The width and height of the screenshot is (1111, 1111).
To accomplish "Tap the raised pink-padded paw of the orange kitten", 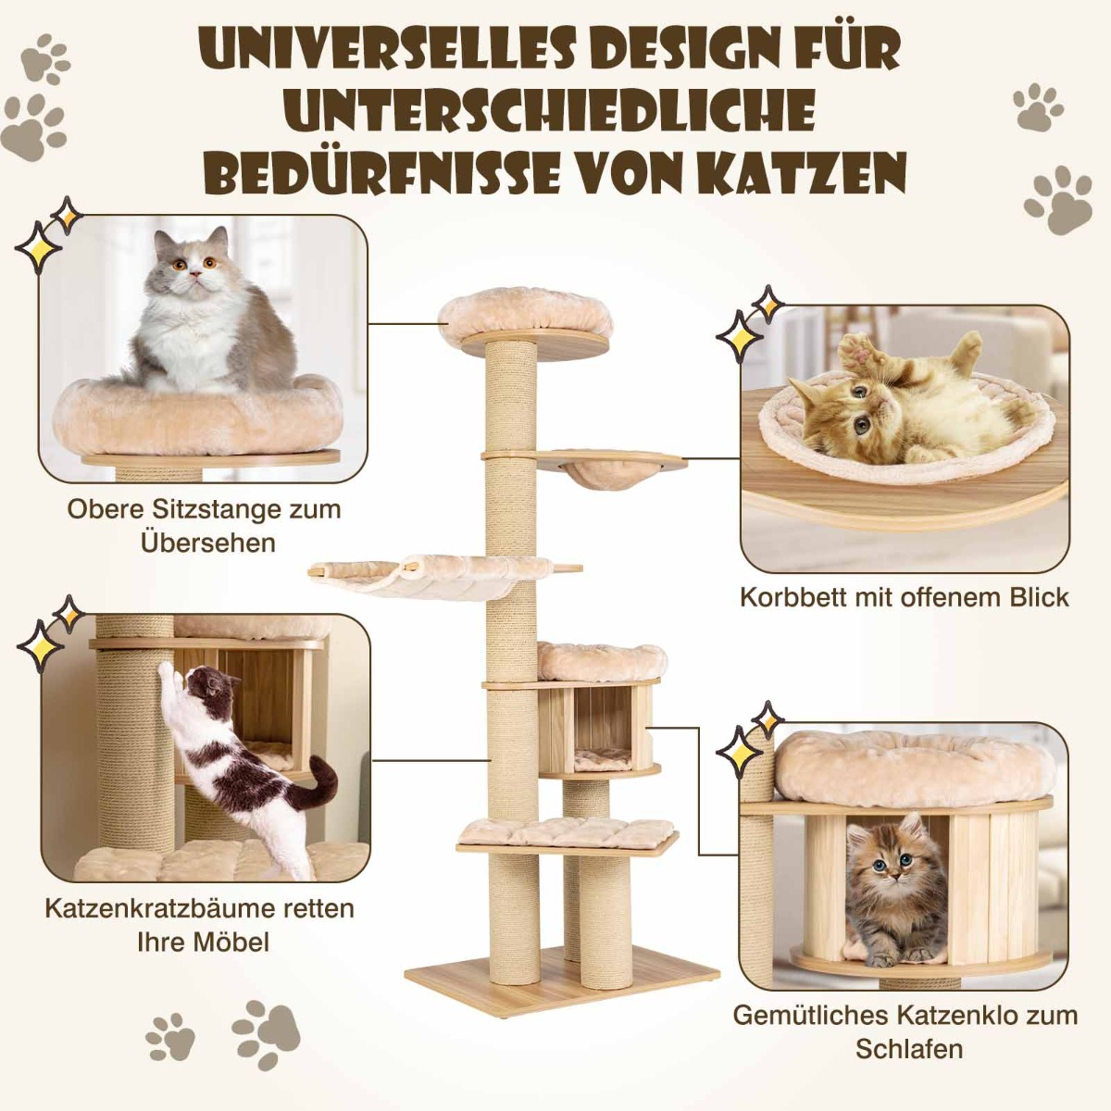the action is pyautogui.click(x=856, y=353).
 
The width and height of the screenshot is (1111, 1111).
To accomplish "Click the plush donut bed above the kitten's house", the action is pyautogui.click(x=913, y=767).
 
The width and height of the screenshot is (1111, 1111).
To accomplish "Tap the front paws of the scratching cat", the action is pyautogui.click(x=169, y=671).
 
